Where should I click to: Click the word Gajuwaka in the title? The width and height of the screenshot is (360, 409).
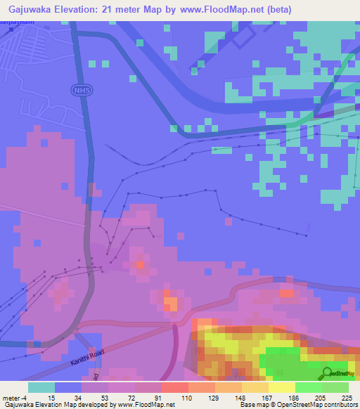29,9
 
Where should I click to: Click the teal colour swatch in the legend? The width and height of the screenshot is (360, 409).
41,387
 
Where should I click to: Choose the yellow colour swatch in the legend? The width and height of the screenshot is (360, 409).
282,387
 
